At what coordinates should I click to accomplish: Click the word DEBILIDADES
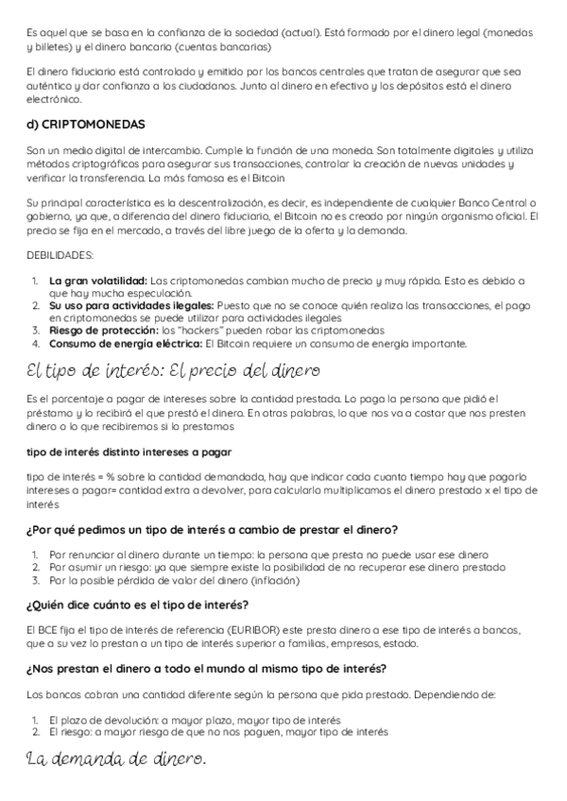pyautogui.click(x=58, y=255)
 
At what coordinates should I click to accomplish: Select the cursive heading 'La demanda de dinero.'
pyautogui.click(x=116, y=758)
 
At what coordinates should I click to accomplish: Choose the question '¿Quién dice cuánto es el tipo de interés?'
pyautogui.click(x=138, y=605)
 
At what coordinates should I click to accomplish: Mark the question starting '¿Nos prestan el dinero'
pyautogui.click(x=206, y=669)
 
